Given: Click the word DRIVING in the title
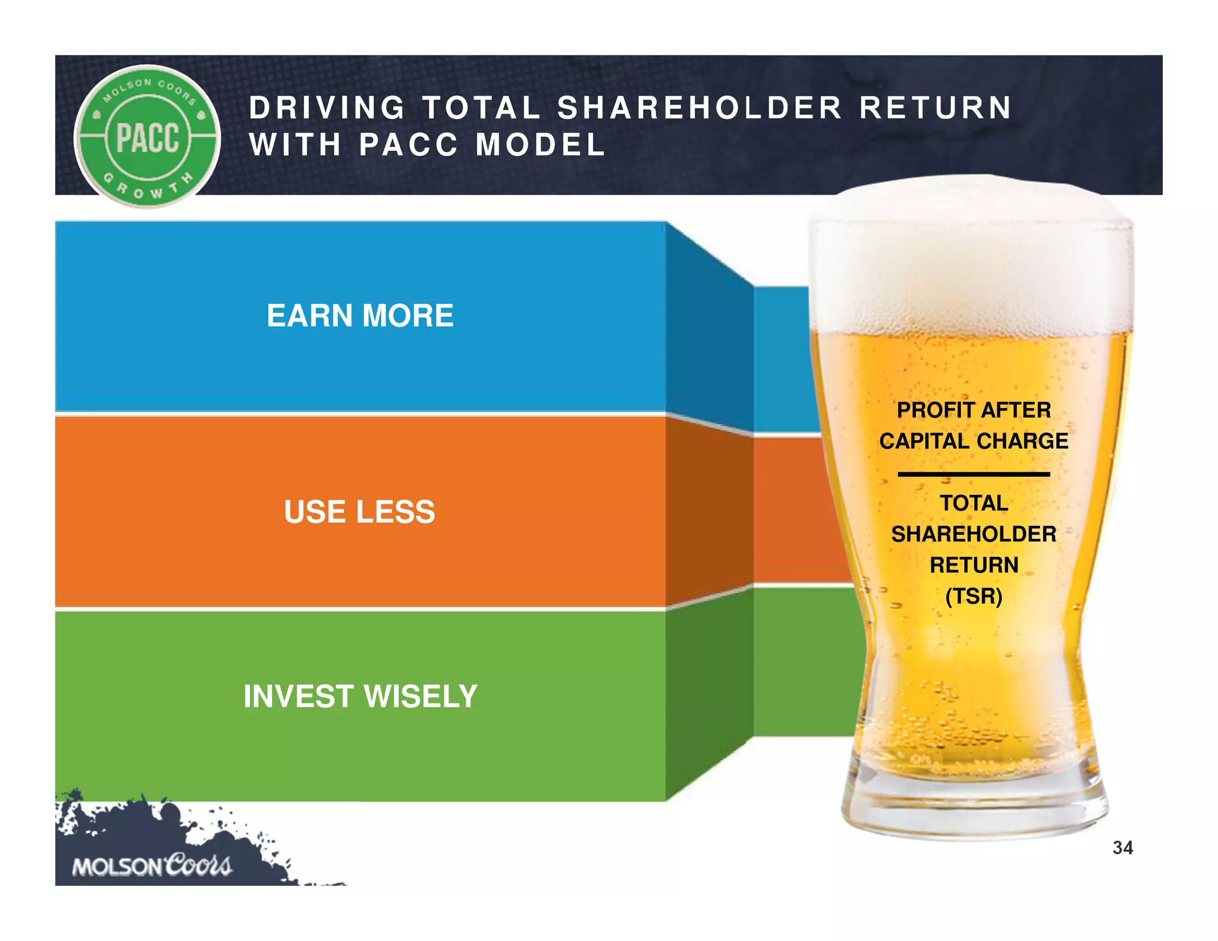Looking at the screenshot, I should [x=327, y=108].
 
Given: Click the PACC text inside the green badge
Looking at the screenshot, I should [x=147, y=137].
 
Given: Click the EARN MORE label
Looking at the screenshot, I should [x=360, y=315].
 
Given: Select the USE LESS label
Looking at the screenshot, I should [x=359, y=512].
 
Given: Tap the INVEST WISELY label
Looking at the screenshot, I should [x=360, y=696].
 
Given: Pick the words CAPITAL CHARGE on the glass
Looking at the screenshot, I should [x=974, y=441].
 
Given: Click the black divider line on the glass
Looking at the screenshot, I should [x=974, y=474].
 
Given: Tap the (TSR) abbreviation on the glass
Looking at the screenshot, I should [x=974, y=595].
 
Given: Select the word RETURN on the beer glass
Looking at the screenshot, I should [x=974, y=564].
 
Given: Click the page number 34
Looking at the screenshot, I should [x=1122, y=848].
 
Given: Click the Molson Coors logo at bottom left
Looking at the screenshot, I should [x=152, y=865].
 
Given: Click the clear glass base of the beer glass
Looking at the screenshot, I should [x=974, y=809].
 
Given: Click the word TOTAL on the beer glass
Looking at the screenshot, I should [x=974, y=503].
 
